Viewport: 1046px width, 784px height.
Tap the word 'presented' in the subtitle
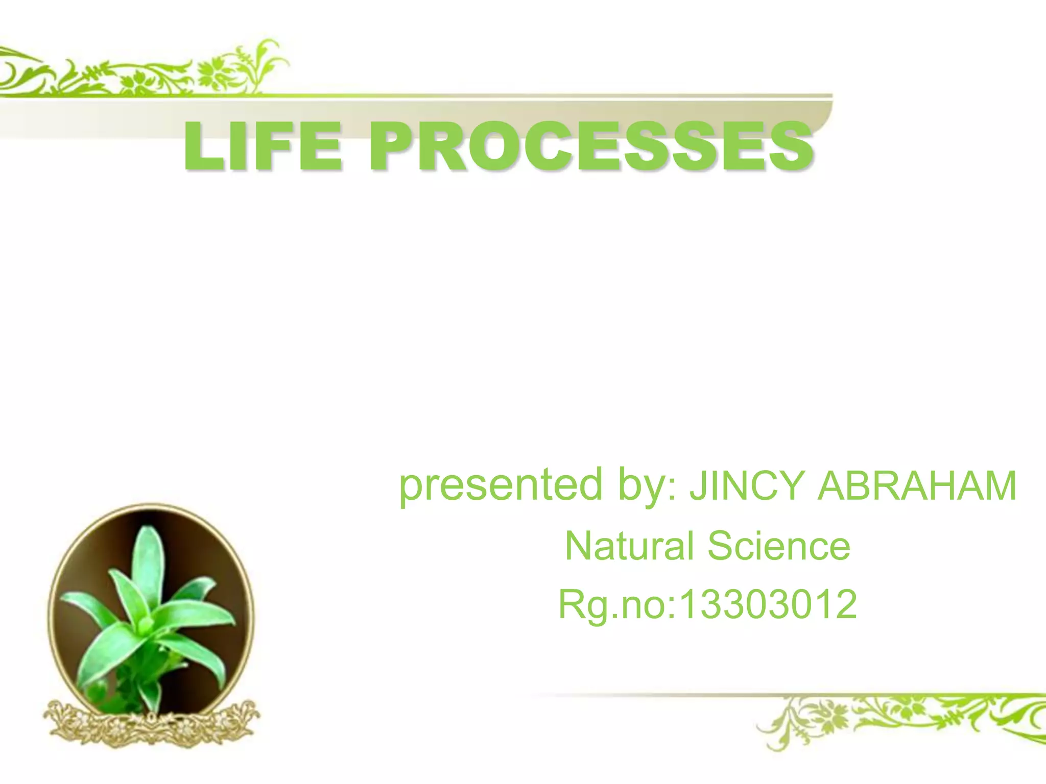(x=501, y=485)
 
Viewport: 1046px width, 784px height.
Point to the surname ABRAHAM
(x=917, y=486)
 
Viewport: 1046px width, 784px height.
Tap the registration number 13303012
(x=768, y=604)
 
